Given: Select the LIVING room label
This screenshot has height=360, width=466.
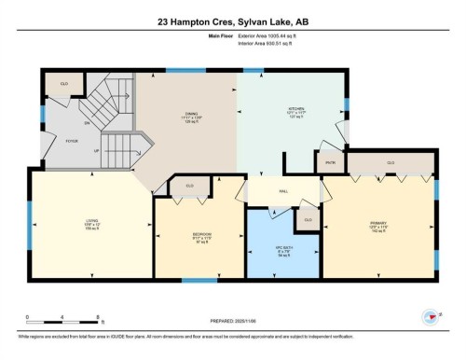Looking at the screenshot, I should click(79, 220).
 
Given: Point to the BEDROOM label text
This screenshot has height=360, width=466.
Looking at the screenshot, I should click(202, 233).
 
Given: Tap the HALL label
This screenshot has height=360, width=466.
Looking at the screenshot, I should click(284, 190).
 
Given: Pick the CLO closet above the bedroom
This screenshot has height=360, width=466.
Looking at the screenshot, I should click(189, 186).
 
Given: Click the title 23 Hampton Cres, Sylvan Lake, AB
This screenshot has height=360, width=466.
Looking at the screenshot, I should click(232, 20).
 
